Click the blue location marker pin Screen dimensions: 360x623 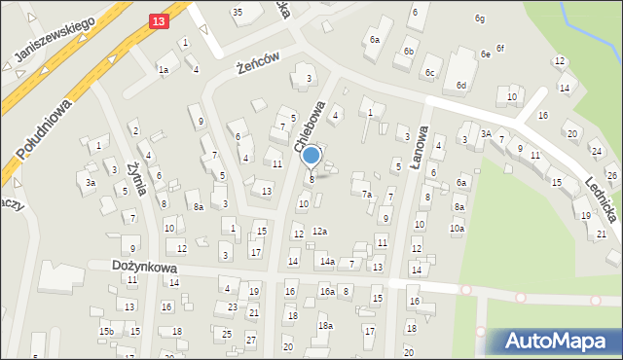pos(311,156)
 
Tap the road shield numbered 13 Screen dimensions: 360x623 pos(160,18)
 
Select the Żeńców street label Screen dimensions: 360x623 pos(259,64)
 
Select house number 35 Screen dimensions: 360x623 pos(237,12)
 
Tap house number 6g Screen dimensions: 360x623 pos(479,18)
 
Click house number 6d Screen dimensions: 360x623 pos(461,86)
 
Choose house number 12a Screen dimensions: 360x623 pos(319,231)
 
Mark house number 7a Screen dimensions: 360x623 pos(367,195)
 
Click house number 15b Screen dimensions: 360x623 pos(105,332)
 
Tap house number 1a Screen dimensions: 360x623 pos(164,70)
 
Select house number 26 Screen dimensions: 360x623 pos(611,175)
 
